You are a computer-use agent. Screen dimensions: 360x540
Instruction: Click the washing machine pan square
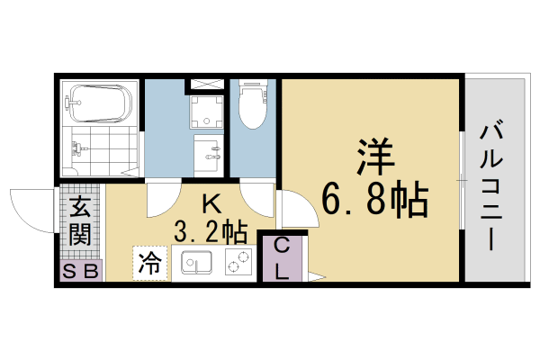[x=206, y=113]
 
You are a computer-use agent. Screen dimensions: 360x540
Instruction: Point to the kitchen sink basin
[x=196, y=264]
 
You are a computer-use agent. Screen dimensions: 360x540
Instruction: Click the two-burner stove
[x=238, y=264]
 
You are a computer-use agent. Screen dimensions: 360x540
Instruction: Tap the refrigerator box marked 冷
[x=149, y=263]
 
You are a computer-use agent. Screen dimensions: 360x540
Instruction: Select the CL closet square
[x=282, y=258]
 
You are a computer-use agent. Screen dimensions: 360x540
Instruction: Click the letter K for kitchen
[x=208, y=203]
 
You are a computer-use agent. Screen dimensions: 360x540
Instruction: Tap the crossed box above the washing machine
[x=206, y=85]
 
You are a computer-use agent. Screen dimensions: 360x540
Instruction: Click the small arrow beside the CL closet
[x=313, y=275]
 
